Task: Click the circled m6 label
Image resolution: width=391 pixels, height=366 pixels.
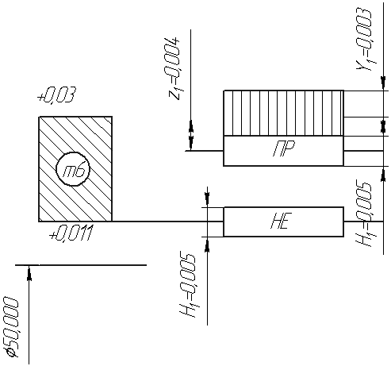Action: [x=73, y=169]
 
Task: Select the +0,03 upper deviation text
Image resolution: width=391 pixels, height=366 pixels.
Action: [x=56, y=94]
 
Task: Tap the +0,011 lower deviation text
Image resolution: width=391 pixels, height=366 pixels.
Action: [x=71, y=233]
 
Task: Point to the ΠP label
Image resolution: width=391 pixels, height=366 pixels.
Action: [x=284, y=148]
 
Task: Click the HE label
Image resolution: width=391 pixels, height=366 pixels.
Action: [x=282, y=221]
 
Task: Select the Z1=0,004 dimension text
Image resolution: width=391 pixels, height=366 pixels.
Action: [x=174, y=70]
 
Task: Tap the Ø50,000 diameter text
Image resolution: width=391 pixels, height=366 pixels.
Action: [x=11, y=327]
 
